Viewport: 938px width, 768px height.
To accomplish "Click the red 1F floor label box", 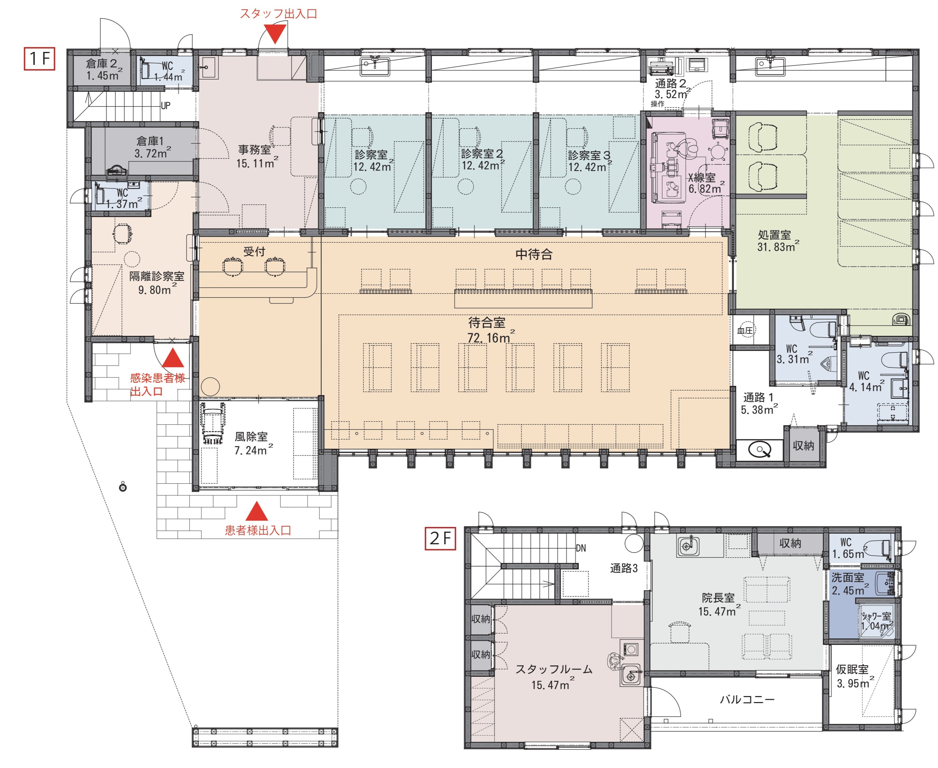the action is pos(39,59).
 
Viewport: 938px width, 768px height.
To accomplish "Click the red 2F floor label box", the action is pos(440,538).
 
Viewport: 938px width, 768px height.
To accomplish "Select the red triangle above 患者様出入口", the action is pos(257,511).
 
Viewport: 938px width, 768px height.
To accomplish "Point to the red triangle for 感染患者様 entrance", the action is pos(173,358).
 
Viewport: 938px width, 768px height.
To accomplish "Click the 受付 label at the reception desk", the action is pos(254,251).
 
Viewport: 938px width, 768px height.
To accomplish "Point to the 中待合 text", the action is pos(534,254).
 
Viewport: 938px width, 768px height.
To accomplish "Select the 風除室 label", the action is pos(251,437).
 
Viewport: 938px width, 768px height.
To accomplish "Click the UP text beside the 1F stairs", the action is pos(166,106).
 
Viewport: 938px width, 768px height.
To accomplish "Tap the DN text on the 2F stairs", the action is pos(581,548).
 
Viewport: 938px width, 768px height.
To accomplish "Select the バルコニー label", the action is pos(747,699).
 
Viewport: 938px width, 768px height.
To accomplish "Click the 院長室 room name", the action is pos(718,598).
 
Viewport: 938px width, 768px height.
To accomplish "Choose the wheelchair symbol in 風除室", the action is pos(213,424).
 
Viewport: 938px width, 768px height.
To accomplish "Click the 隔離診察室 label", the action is pos(157,276).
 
